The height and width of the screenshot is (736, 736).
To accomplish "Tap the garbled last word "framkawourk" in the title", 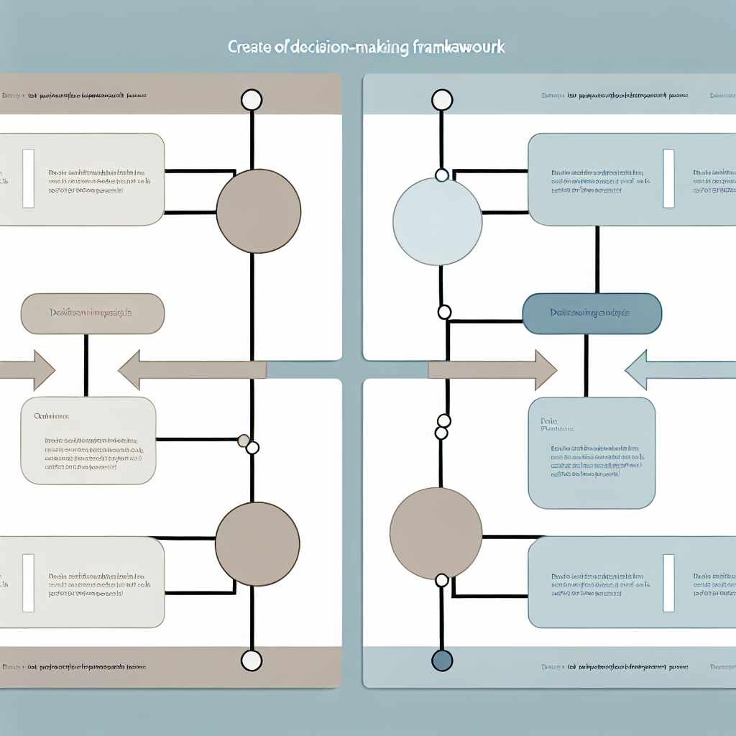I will click(460, 47).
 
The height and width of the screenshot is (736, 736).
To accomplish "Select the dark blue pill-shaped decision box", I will click(591, 313).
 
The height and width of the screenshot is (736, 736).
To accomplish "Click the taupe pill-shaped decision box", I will click(93, 313).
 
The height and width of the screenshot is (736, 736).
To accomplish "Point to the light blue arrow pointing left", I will click(679, 370).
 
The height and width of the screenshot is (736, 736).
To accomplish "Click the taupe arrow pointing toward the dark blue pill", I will click(492, 370).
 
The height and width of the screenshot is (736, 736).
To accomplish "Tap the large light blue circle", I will click(438, 221).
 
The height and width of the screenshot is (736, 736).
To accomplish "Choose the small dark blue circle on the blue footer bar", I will click(442, 660).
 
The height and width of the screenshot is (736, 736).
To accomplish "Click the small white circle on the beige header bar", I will click(251, 100).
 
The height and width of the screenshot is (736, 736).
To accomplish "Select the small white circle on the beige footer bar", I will click(251, 660).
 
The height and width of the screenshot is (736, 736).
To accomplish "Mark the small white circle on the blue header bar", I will click(442, 100).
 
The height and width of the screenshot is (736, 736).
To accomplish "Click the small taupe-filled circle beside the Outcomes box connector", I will click(244, 440).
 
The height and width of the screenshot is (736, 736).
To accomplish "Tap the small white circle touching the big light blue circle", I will click(442, 175).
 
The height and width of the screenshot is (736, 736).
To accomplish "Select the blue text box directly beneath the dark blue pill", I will click(592, 453).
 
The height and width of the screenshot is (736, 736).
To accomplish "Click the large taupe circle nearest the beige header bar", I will click(258, 211).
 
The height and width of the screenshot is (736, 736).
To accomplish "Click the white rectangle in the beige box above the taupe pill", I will click(28, 178).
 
